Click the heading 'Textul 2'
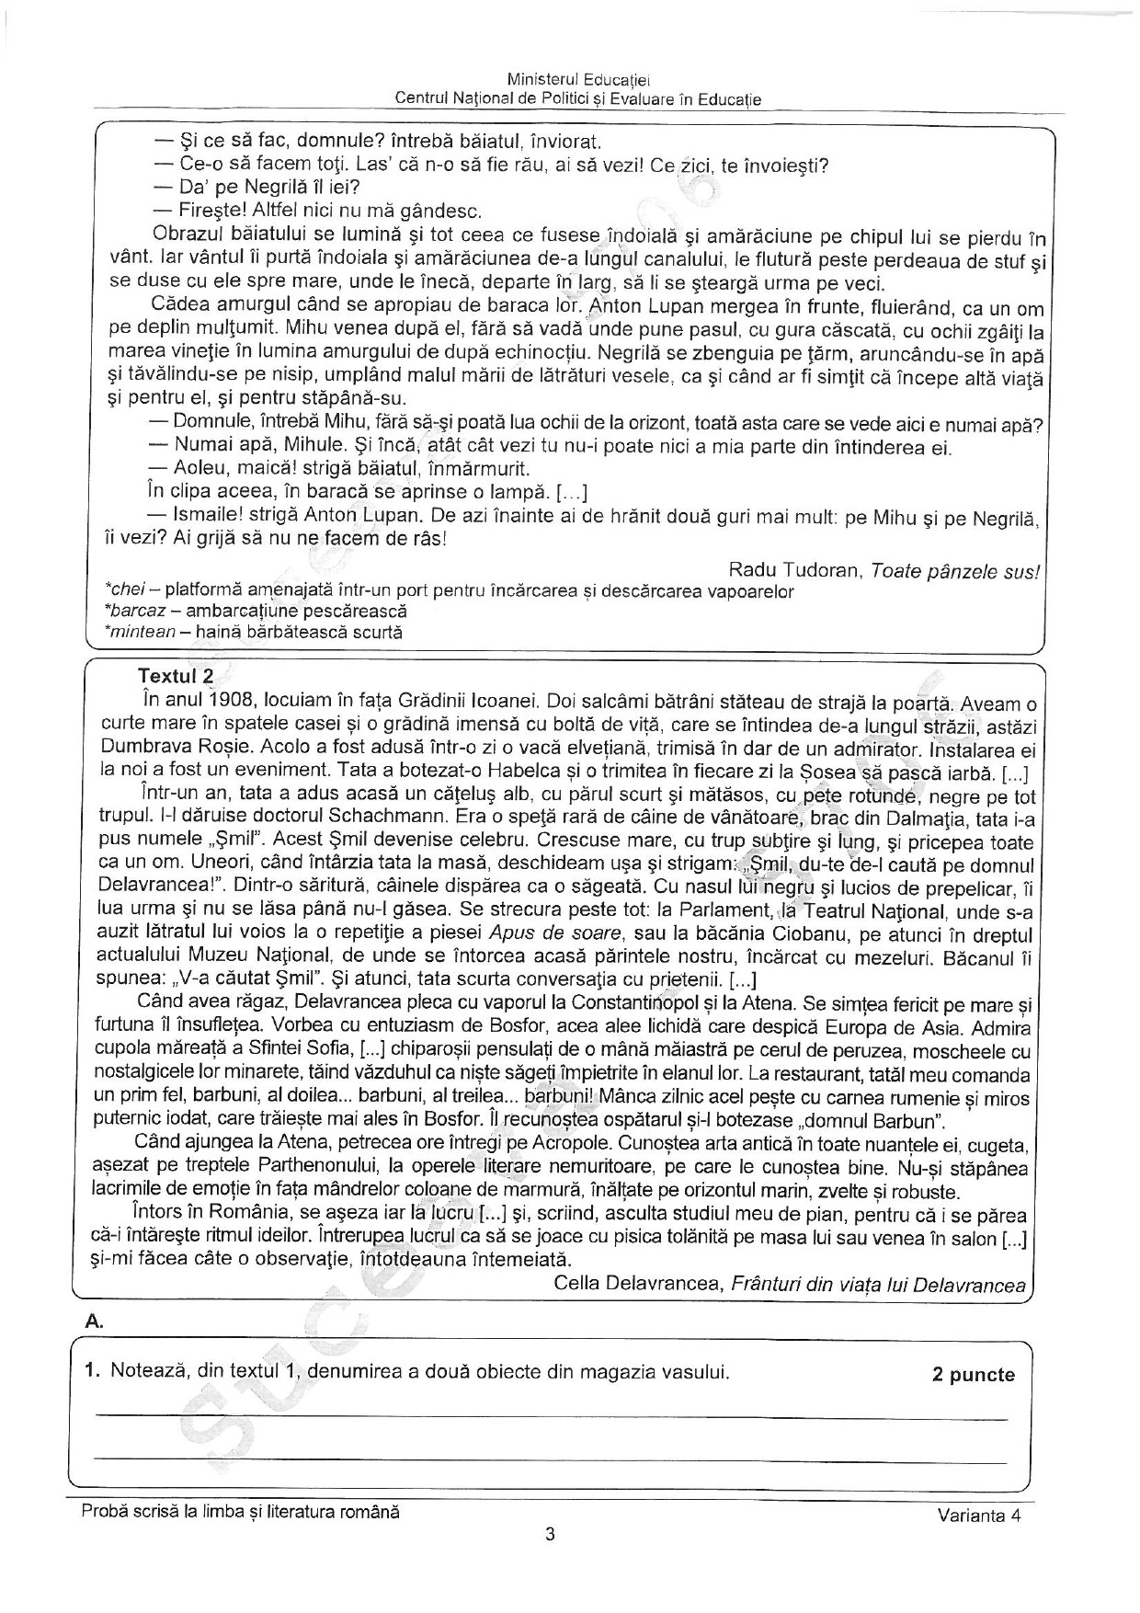coord(175,676)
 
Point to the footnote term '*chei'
coord(127,591)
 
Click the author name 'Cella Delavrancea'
coord(639,1286)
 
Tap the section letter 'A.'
coord(93,1321)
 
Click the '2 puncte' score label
coord(973,1375)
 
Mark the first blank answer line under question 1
coord(552,1418)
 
